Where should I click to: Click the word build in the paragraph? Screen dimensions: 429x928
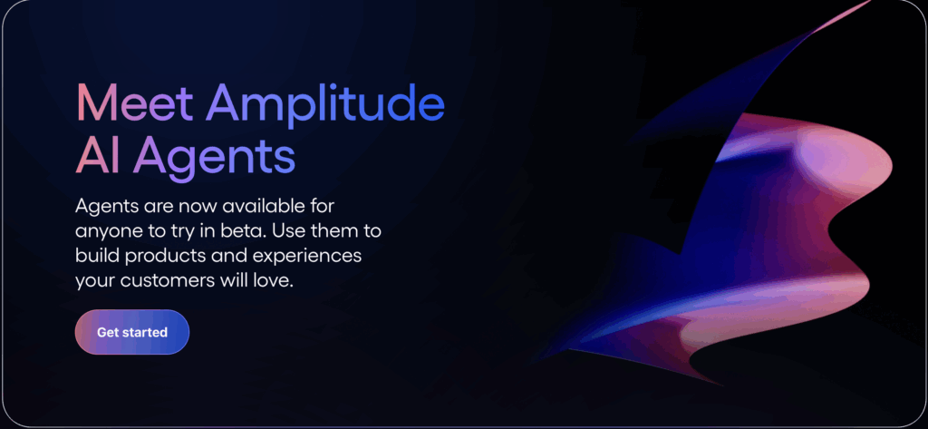[x=95, y=256]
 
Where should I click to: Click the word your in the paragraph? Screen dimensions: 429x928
[x=95, y=281]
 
